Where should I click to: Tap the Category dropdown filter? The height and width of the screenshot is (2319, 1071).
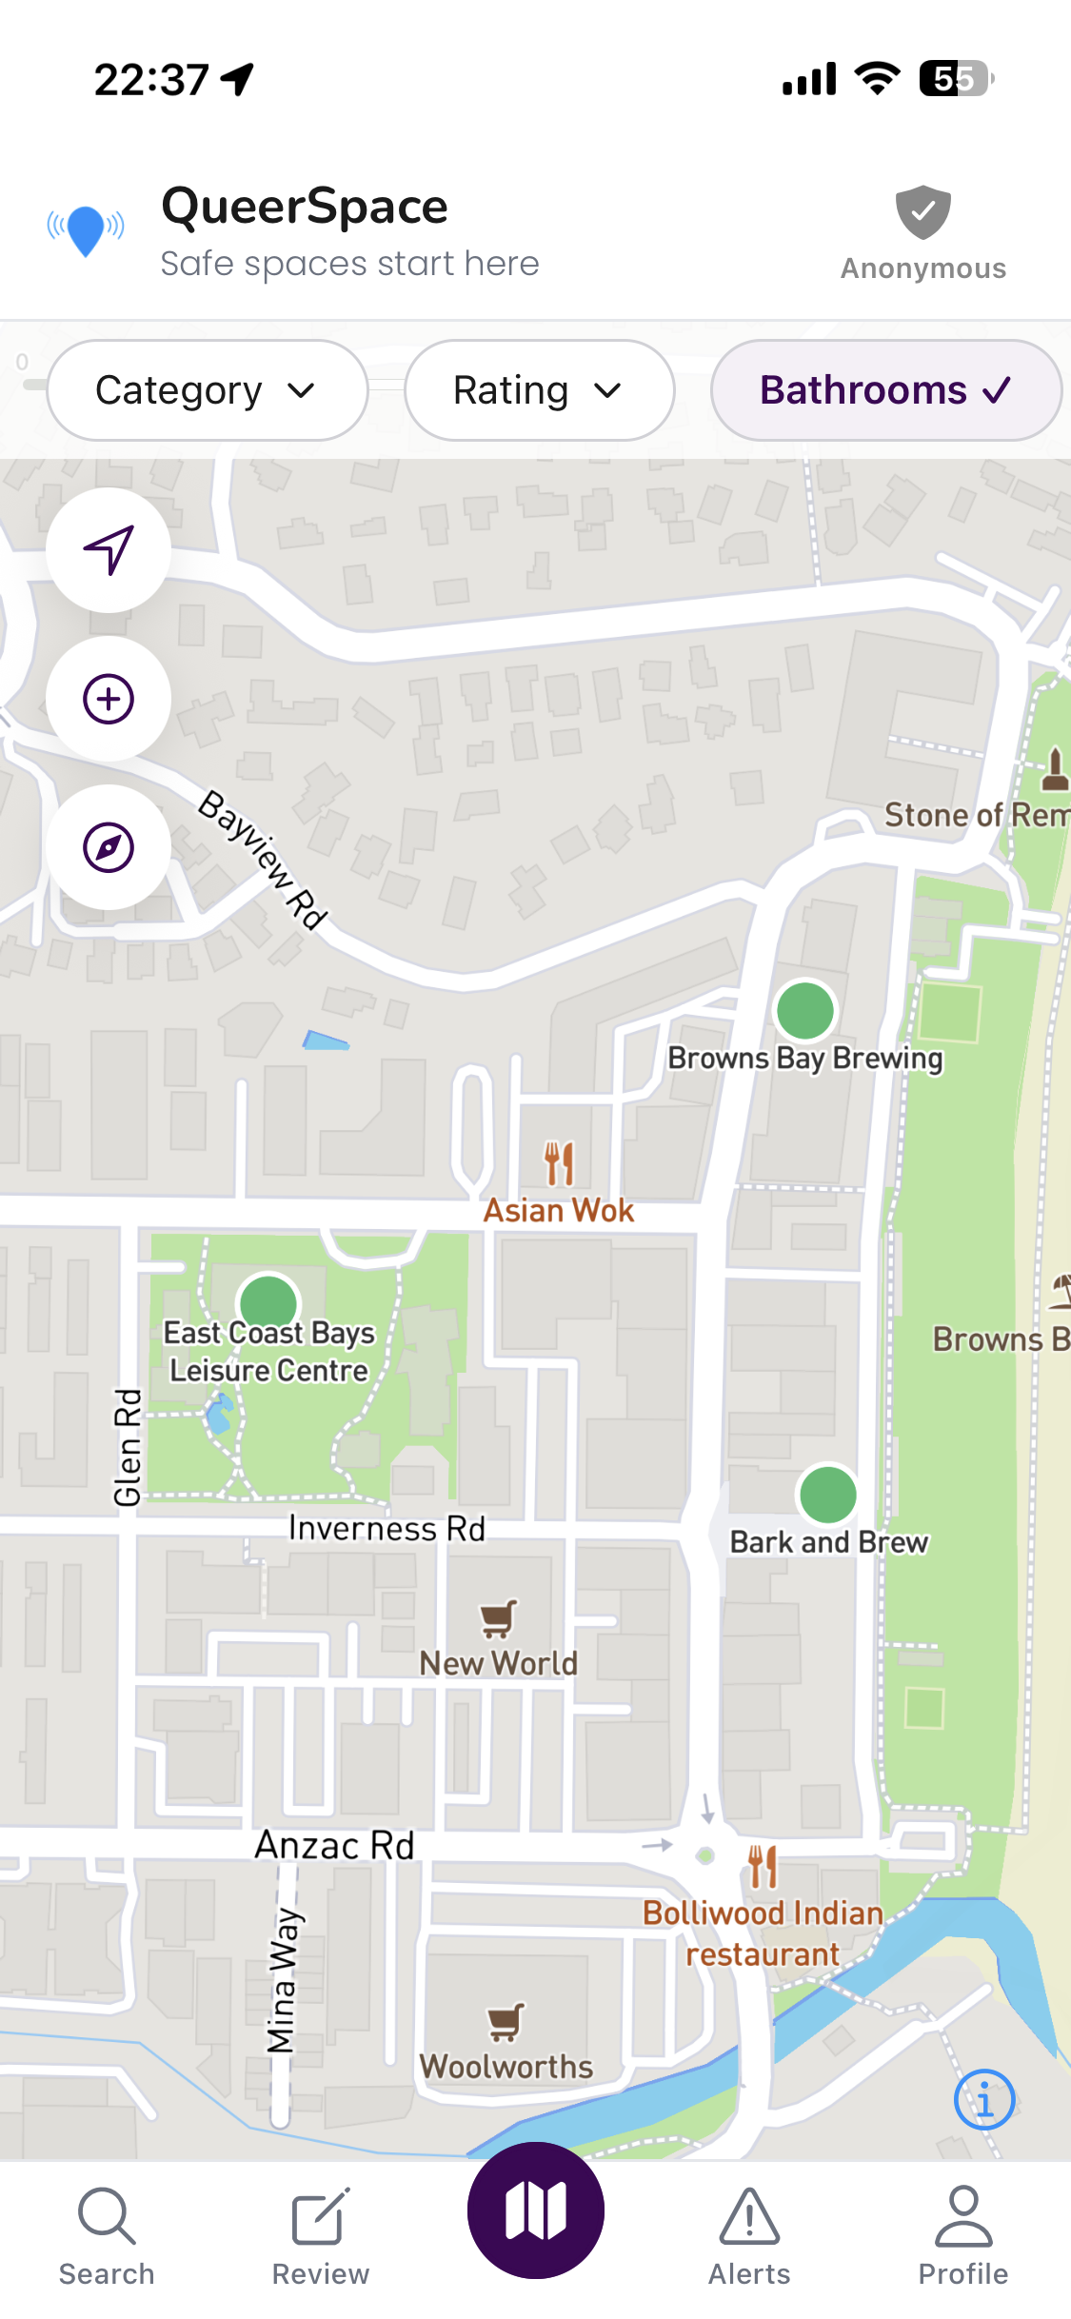pos(207,390)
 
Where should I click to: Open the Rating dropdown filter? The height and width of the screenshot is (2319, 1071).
pos(539,390)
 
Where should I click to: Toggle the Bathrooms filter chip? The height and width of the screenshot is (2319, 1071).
pos(885,390)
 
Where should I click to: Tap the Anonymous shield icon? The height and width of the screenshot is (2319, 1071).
pos(922,213)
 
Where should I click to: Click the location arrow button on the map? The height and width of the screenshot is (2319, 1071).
pos(109,550)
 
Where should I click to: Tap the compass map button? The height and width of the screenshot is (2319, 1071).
pos(109,847)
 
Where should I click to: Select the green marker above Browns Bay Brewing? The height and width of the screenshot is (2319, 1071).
pos(805,1011)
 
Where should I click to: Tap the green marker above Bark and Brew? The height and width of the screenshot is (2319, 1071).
pos(827,1495)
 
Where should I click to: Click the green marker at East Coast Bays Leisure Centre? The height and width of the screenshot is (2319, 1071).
pos(268,1302)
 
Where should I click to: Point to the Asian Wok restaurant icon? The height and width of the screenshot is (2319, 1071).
pos(559,1163)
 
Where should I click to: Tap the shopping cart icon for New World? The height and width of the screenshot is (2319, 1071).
pos(499,1618)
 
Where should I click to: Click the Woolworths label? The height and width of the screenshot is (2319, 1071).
pos(506,2066)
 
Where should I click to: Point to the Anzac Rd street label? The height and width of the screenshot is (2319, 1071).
pos(334,1845)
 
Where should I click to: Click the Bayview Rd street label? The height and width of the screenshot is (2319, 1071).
pos(263,860)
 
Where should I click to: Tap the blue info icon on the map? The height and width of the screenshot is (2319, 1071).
pos(984,2099)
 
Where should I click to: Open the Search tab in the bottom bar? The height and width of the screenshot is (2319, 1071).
pos(107,2235)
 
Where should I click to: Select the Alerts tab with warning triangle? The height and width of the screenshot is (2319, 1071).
pos(749,2235)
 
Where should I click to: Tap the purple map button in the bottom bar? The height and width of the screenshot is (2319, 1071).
pos(535,2210)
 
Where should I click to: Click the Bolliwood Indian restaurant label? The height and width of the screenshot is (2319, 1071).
pos(763,1933)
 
